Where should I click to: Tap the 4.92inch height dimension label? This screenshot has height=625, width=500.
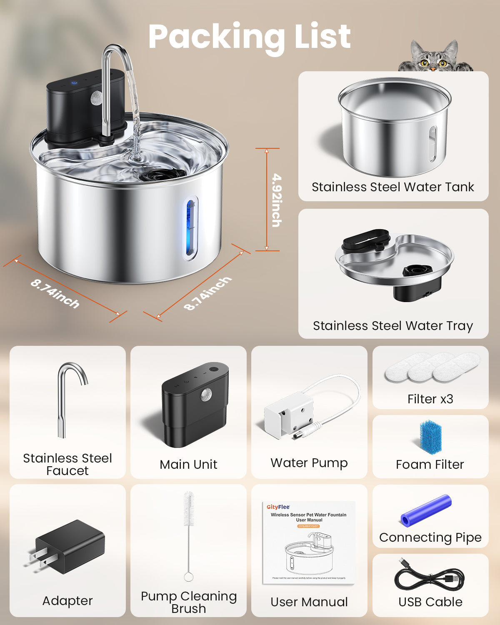click(x=276, y=200)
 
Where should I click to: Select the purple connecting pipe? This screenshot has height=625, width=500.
click(x=426, y=510)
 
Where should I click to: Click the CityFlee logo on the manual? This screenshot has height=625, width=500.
click(x=278, y=507)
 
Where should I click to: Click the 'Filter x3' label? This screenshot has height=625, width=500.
click(x=430, y=399)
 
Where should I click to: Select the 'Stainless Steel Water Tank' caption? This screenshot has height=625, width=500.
click(x=392, y=187)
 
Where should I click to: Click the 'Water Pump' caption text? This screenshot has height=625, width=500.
click(x=309, y=463)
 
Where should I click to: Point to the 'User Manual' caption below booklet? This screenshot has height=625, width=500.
click(x=309, y=602)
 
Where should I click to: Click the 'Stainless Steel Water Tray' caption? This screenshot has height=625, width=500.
click(x=392, y=325)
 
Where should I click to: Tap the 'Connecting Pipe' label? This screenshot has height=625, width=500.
click(x=430, y=537)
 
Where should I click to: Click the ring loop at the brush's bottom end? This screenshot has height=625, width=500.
click(x=188, y=577)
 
